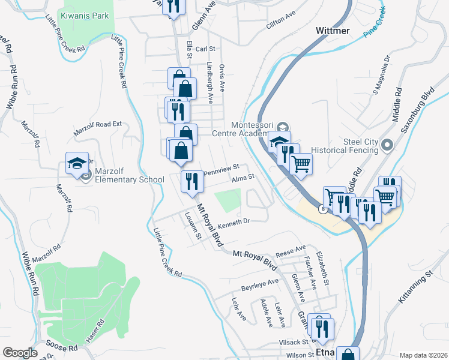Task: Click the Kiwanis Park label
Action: pyautogui.click(x=85, y=16)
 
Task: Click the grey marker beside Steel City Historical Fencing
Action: pyautogui.click(x=387, y=145)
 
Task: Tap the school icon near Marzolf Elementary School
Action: pyautogui.click(x=77, y=163)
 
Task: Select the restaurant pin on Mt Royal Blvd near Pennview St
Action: pyautogui.click(x=191, y=181)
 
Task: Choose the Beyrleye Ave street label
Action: pyautogui.click(x=260, y=282)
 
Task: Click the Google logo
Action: pyautogui.click(x=20, y=353)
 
